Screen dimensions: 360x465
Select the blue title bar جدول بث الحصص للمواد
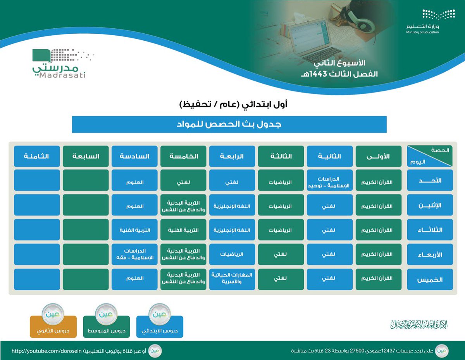tap(229, 124)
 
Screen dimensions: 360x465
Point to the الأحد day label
tap(430, 181)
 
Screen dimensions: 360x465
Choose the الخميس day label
tap(430, 279)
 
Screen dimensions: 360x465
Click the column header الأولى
tap(378, 156)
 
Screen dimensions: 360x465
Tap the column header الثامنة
tap(37, 156)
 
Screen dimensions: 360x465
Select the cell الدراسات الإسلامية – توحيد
tap(329, 181)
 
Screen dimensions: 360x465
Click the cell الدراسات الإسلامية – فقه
tap(134, 255)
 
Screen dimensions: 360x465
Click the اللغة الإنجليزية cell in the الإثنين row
tap(232, 205)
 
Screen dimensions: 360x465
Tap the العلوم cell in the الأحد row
tap(134, 181)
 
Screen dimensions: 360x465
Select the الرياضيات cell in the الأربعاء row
tap(232, 255)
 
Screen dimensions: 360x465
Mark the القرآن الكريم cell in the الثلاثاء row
tap(378, 230)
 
